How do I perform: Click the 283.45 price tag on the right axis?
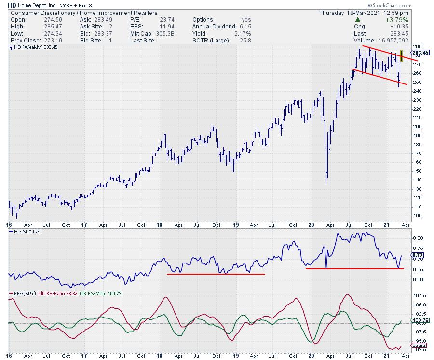[x=420, y=53]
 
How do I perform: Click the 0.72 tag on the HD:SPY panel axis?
[x=418, y=254]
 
